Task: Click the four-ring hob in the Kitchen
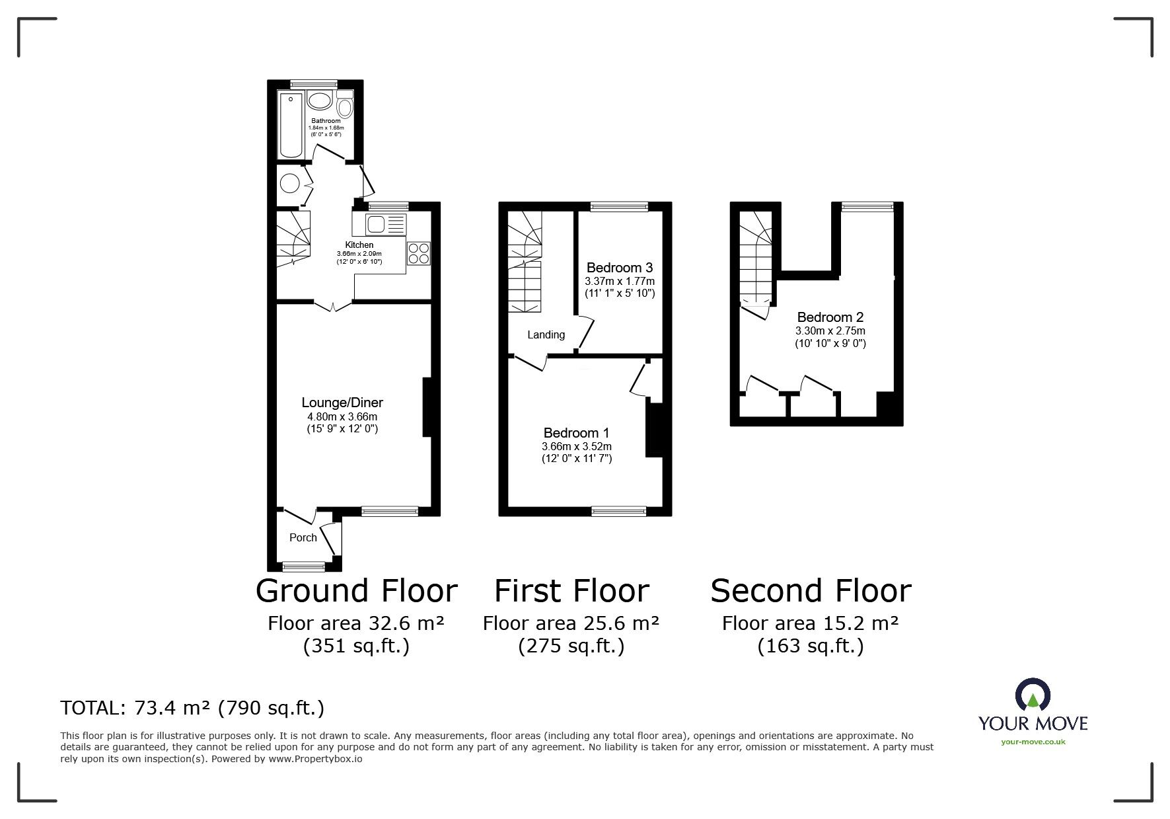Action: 419,253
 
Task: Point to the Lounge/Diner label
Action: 342,403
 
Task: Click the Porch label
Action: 303,537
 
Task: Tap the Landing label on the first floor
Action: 546,334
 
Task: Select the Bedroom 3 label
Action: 620,268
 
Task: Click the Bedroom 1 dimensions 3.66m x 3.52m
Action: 577,446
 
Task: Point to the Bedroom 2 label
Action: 830,317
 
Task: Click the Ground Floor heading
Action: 356,590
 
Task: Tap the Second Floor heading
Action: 811,590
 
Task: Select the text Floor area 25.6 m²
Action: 571,623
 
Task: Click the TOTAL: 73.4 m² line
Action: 192,708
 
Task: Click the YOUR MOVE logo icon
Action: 1033,695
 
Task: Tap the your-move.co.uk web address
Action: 1033,742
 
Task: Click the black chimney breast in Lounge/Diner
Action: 427,407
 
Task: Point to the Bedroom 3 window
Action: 619,207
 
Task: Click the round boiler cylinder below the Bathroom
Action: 289,182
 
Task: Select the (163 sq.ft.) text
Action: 810,646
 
